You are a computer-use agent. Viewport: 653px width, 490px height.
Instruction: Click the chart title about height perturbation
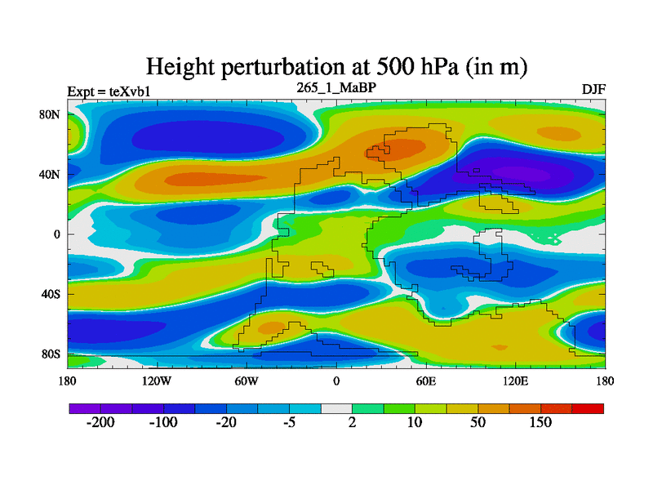pos(335,66)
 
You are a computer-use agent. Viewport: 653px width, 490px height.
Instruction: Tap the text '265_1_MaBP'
pos(335,86)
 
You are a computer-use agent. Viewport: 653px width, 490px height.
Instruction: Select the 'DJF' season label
pos(593,90)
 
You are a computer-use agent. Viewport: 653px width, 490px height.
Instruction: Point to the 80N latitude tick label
pos(51,114)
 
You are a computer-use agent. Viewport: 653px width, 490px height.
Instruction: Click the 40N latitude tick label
pos(51,174)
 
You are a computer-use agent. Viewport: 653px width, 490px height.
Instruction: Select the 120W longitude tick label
pos(156,381)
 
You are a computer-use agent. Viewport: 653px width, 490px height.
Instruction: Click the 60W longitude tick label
pos(247,381)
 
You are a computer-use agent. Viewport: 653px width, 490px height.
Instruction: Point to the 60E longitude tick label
pos(425,381)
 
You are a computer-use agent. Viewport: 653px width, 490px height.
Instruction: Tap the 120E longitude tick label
pos(515,381)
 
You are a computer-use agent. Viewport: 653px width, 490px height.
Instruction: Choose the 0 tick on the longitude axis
pos(335,381)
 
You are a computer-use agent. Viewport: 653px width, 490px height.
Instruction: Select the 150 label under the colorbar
pos(540,423)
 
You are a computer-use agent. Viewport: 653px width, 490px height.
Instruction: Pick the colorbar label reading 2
pos(352,423)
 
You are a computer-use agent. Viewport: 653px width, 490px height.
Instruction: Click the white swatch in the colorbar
pos(336,408)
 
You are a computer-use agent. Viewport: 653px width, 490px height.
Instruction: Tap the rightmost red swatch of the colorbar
pos(588,408)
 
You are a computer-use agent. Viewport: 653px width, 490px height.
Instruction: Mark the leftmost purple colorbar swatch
pos(85,408)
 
